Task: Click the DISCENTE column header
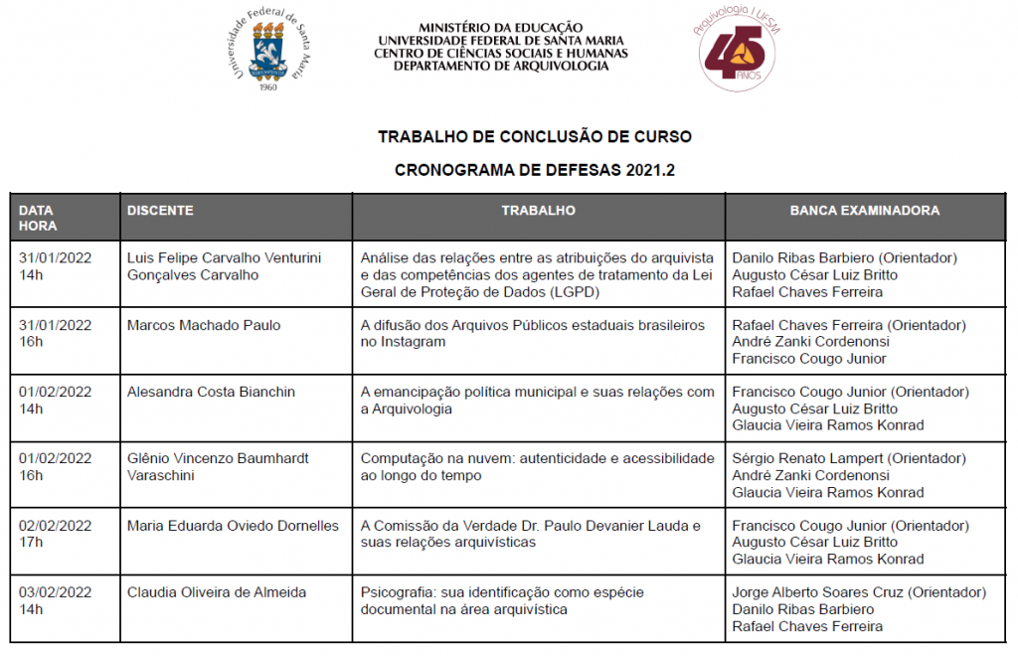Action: [x=160, y=211]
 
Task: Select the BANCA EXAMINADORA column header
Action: [x=864, y=211]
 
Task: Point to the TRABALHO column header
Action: [x=538, y=211]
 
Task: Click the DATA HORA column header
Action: [x=37, y=218]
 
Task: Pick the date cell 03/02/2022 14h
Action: [x=55, y=600]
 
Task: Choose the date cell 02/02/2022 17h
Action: [x=55, y=534]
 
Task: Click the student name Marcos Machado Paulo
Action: [x=204, y=325]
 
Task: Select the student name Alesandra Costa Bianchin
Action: [x=211, y=392]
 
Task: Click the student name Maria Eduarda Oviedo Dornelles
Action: [x=233, y=526]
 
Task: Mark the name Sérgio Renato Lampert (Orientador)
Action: [x=848, y=458]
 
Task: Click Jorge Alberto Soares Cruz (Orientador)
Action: [x=859, y=592]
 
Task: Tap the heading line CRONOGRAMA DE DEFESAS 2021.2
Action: [x=535, y=170]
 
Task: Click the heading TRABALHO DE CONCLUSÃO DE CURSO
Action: [x=535, y=136]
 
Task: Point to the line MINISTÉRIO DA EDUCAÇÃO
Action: [x=501, y=28]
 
